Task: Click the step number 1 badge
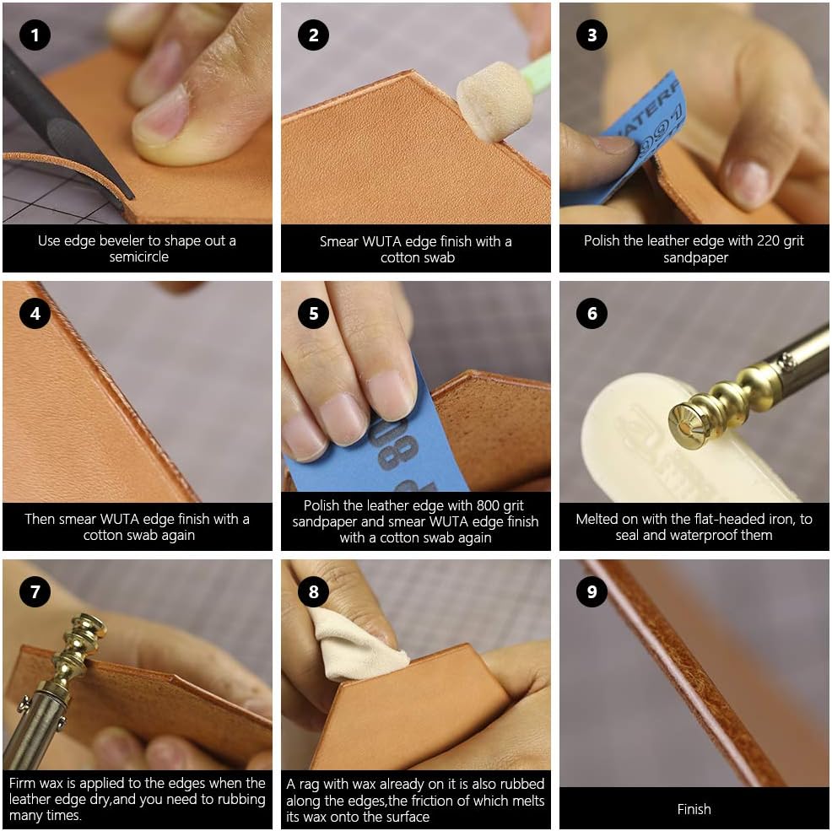(35, 35)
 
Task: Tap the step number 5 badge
(313, 313)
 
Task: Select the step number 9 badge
(592, 591)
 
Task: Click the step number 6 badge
(592, 313)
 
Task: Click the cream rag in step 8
(355, 645)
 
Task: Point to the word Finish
(694, 809)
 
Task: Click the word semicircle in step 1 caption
(139, 256)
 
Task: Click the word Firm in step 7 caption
(22, 783)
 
